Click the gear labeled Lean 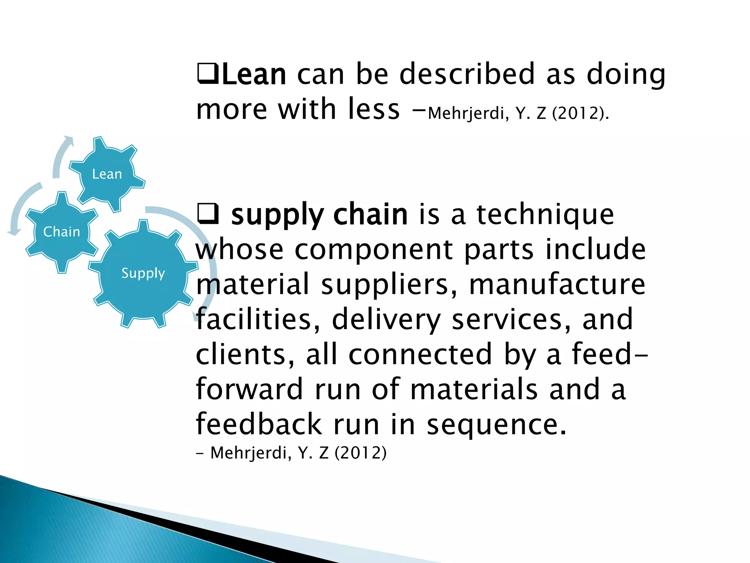pyautogui.click(x=107, y=174)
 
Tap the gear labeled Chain pyautogui.click(x=62, y=232)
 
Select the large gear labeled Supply pyautogui.click(x=143, y=273)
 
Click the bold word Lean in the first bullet pyautogui.click(x=254, y=75)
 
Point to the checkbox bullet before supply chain pyautogui.click(x=208, y=214)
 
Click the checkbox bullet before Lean pyautogui.click(x=208, y=74)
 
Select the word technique pyautogui.click(x=545, y=214)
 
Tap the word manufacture pyautogui.click(x=557, y=284)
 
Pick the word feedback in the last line pyautogui.click(x=259, y=424)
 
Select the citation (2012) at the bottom pyautogui.click(x=361, y=453)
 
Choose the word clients pyautogui.click(x=245, y=354)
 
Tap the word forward pyautogui.click(x=249, y=389)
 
